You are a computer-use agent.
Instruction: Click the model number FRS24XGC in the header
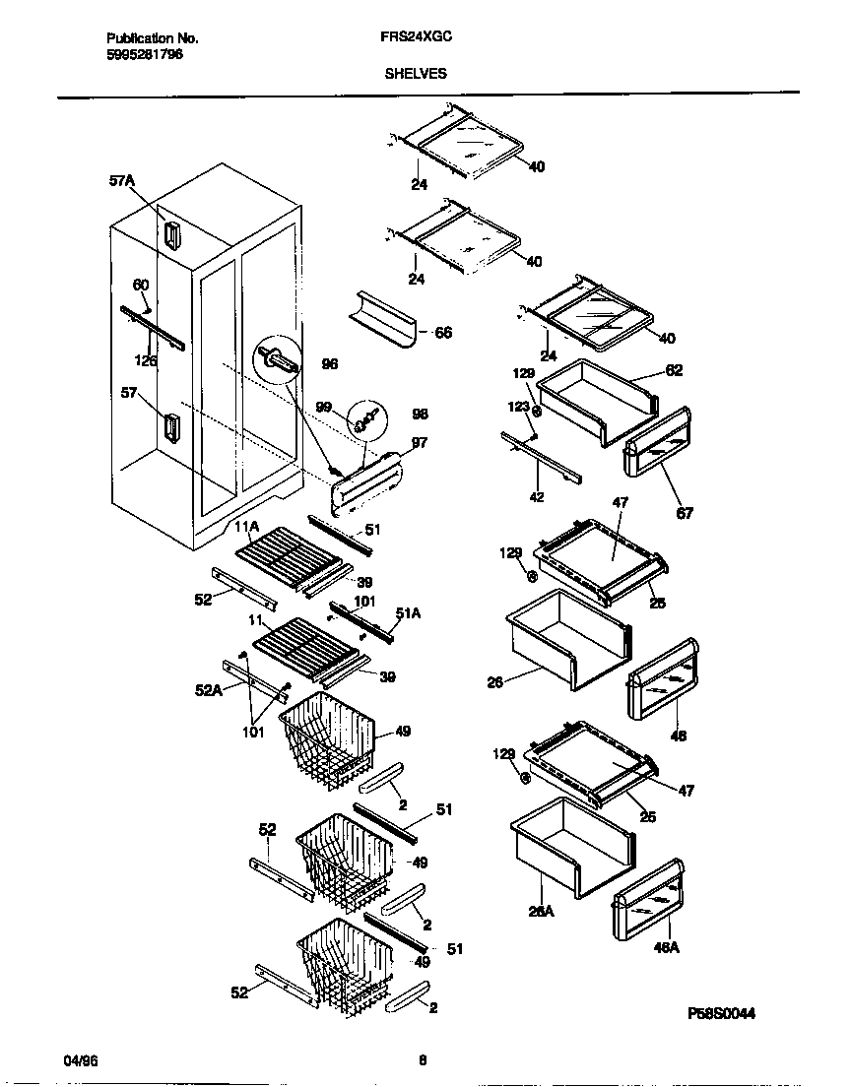coord(410,38)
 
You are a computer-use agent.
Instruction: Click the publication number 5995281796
coord(144,54)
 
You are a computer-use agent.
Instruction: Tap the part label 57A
coord(122,181)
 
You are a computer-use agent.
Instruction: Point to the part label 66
coord(443,334)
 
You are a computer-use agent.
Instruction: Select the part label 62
coord(674,371)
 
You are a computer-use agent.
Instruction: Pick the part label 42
coord(537,497)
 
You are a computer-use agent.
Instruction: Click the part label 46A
coord(667,947)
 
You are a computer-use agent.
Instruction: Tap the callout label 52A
coord(209,690)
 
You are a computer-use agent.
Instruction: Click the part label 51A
coord(408,613)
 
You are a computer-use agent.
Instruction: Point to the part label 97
coord(420,443)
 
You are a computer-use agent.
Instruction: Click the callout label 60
coord(141,285)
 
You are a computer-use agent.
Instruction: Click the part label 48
coord(679,735)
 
